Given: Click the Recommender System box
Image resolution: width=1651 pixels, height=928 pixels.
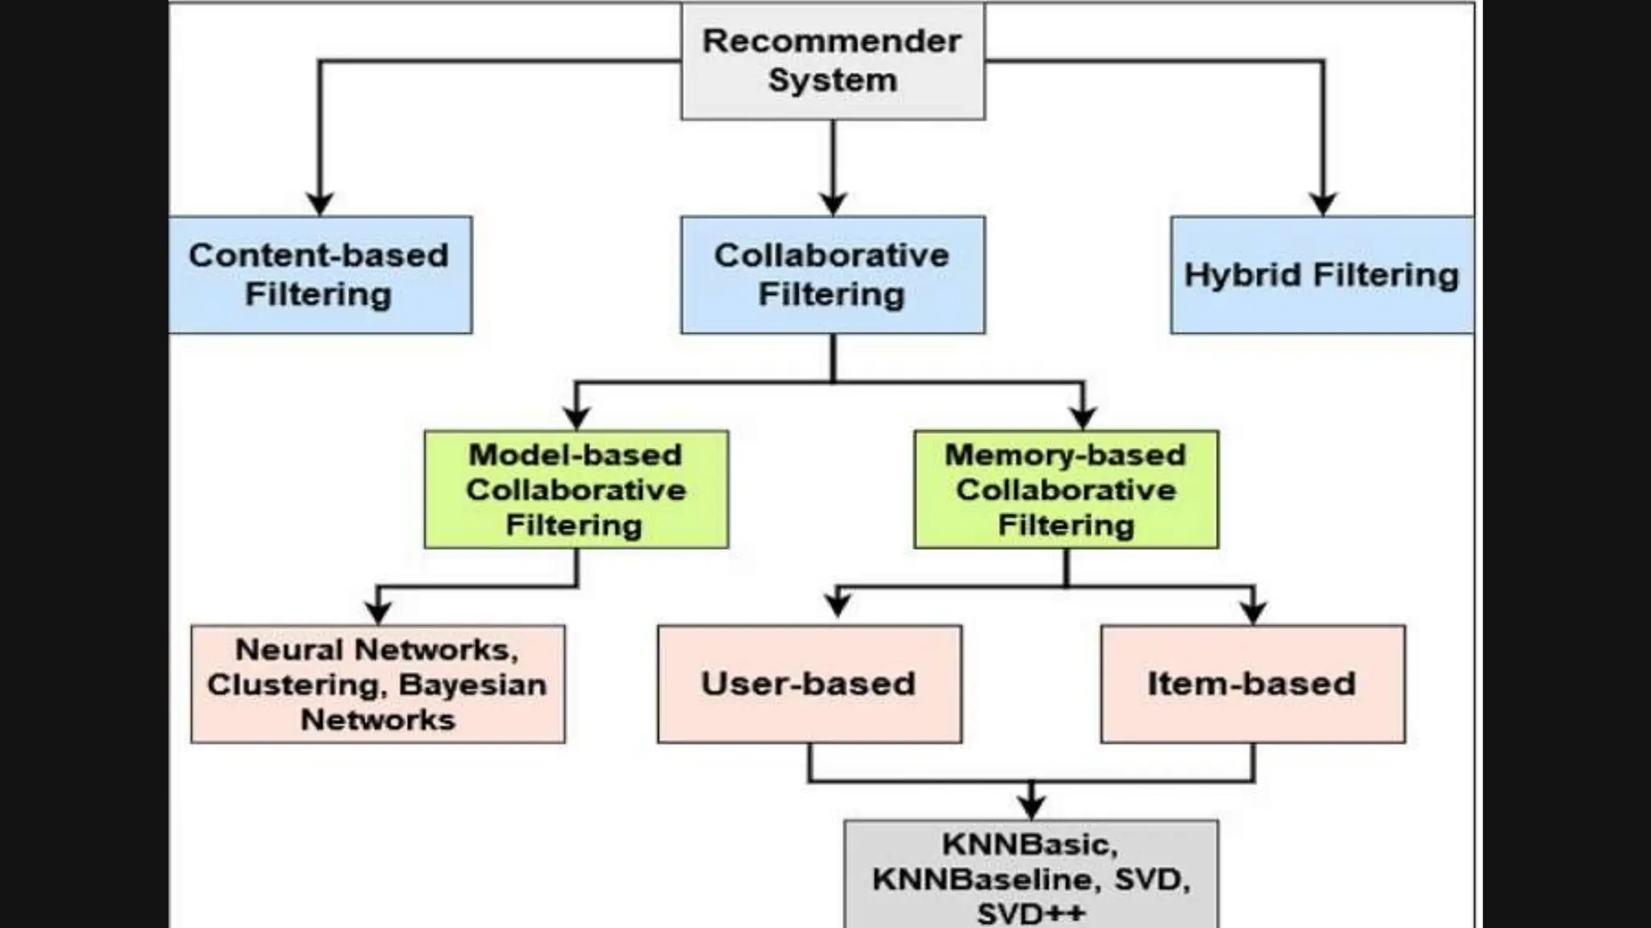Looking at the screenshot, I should click(x=833, y=61).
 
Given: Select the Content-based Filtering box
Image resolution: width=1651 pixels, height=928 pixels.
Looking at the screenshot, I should click(x=320, y=275).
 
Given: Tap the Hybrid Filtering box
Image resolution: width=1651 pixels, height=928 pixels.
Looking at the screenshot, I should click(x=1321, y=275).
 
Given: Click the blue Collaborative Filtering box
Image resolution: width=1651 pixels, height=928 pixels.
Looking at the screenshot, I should click(x=833, y=275).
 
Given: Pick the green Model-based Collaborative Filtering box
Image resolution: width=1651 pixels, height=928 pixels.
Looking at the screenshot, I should click(x=576, y=489).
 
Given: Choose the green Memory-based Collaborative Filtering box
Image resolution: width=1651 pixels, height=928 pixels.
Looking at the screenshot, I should click(x=1066, y=489).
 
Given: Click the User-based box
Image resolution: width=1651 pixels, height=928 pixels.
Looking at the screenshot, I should click(x=809, y=684).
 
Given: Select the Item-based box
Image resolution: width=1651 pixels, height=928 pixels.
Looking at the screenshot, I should click(x=1253, y=684).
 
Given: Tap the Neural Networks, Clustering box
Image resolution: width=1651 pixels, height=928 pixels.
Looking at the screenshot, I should click(x=378, y=684).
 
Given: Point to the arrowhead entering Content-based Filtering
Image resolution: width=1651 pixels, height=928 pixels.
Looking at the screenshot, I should click(x=320, y=203).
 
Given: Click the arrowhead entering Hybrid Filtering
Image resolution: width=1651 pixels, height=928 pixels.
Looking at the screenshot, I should click(x=1323, y=203).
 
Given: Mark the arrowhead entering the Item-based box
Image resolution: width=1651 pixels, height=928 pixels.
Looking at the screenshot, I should click(x=1253, y=613).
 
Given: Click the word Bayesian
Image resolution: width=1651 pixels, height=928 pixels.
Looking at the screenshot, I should click(x=472, y=685).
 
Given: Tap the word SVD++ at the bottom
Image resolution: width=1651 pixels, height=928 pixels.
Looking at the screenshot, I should click(x=1031, y=913).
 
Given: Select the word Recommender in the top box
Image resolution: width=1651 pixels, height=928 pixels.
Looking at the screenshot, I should click(x=832, y=41).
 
